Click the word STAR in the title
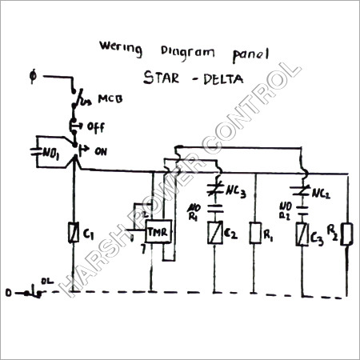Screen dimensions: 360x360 [163, 79]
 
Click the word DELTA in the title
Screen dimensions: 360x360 [221, 79]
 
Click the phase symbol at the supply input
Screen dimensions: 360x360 [32, 77]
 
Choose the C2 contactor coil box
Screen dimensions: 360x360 [216, 233]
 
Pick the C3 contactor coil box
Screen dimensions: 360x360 [302, 234]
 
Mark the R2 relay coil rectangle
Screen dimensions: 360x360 [346, 233]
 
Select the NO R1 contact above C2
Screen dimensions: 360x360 [215, 213]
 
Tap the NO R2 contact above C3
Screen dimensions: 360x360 [302, 213]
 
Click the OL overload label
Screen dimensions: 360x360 [48, 281]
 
